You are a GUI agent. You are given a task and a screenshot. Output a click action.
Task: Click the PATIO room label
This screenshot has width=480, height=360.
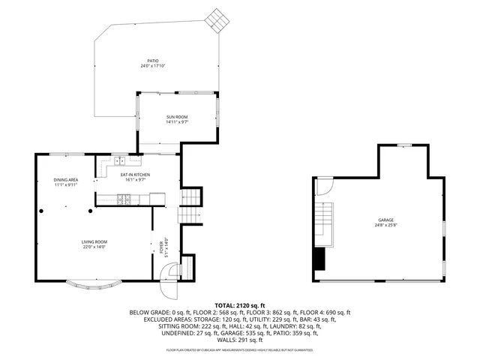pyautogui.click(x=152, y=61)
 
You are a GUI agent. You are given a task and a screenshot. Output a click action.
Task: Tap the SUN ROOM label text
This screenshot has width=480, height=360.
pyautogui.click(x=177, y=117)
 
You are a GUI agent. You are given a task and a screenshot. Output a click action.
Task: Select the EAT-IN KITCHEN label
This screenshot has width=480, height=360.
pyautogui.click(x=136, y=175)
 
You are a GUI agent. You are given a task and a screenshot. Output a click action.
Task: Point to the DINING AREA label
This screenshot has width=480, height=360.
pyautogui.click(x=65, y=180)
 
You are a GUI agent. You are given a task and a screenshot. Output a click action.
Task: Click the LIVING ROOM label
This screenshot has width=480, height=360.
pyautogui.click(x=94, y=241)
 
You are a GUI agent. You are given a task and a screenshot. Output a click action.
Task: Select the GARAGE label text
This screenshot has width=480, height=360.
pyautogui.click(x=385, y=220)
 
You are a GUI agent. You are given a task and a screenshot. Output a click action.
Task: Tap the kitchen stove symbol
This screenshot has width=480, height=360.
pyautogui.click(x=124, y=199)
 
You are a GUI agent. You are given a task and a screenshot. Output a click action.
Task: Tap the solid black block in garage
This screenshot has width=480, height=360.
pyautogui.click(x=322, y=259)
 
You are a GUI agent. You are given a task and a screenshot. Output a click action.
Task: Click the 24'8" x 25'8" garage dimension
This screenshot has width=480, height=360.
pyautogui.click(x=385, y=225)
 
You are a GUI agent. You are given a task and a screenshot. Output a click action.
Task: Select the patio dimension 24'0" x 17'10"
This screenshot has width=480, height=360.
pyautogui.click(x=152, y=66)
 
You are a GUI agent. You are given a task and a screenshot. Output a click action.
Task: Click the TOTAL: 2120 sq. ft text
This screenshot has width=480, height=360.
pyautogui.click(x=239, y=305)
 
